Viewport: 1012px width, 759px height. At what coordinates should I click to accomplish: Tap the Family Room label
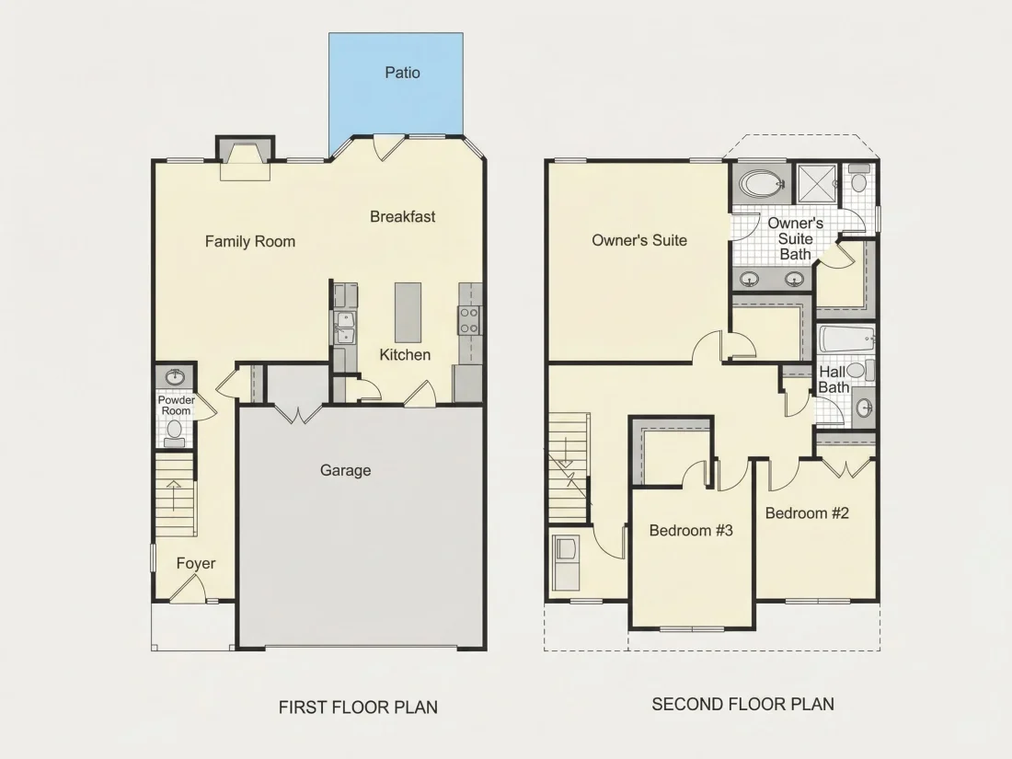(x=249, y=241)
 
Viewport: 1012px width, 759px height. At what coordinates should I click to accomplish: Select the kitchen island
(x=408, y=313)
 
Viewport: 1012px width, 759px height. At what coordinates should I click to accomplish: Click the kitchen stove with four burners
(x=469, y=320)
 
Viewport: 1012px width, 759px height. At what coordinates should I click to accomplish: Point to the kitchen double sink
(x=344, y=327)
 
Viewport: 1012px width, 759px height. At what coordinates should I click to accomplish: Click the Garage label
(x=345, y=470)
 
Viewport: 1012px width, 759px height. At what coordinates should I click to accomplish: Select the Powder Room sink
(x=174, y=375)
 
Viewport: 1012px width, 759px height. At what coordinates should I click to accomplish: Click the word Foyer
(x=196, y=563)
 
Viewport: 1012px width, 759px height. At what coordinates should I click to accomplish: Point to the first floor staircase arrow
(x=174, y=495)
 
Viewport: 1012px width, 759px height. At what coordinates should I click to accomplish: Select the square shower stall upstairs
(x=817, y=183)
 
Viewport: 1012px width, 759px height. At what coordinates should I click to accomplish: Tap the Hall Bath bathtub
(x=846, y=339)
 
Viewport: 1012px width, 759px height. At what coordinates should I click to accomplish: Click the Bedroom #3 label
(x=691, y=531)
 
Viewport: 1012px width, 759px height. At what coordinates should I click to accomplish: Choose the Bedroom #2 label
(x=807, y=513)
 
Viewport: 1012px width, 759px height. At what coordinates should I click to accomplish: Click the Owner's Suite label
(x=639, y=240)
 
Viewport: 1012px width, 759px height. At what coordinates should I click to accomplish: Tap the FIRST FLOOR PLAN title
(x=358, y=707)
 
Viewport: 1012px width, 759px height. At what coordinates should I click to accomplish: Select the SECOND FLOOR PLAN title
(x=742, y=704)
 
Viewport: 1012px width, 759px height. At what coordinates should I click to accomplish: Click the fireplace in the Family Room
(x=246, y=158)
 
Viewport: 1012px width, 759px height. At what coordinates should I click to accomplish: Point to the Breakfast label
(x=403, y=217)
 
